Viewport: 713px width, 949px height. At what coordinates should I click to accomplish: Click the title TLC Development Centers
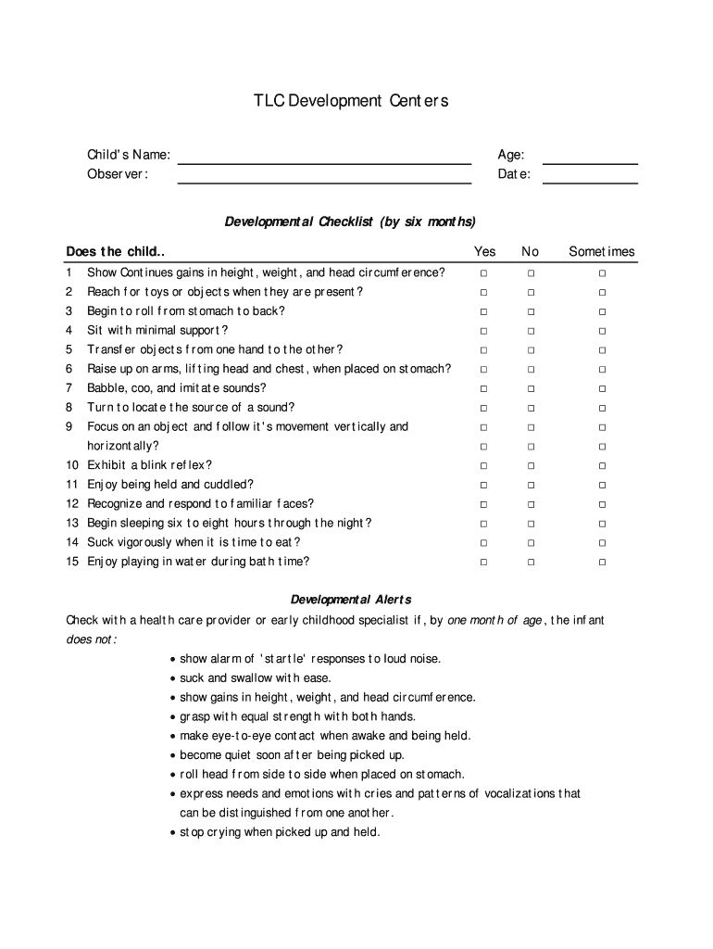(x=351, y=101)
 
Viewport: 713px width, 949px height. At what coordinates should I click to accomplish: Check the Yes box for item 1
(x=483, y=273)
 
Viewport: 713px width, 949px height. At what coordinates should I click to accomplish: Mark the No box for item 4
(x=531, y=331)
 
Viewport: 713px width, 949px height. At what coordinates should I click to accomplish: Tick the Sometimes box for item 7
(x=602, y=388)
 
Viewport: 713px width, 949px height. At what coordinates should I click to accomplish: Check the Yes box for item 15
(x=483, y=562)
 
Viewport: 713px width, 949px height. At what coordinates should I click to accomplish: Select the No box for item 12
(x=531, y=504)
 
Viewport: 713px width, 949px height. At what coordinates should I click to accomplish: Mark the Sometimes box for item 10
(x=602, y=465)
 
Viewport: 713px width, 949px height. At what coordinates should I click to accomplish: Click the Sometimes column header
(x=602, y=251)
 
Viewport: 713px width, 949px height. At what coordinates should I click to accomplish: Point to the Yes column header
(x=484, y=251)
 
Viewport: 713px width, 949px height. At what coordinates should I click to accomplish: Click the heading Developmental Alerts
(x=351, y=599)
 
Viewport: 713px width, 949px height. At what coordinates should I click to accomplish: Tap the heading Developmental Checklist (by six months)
(x=350, y=221)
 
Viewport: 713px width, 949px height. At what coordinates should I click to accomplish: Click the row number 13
(x=72, y=523)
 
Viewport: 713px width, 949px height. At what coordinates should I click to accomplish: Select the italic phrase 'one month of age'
(x=494, y=620)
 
